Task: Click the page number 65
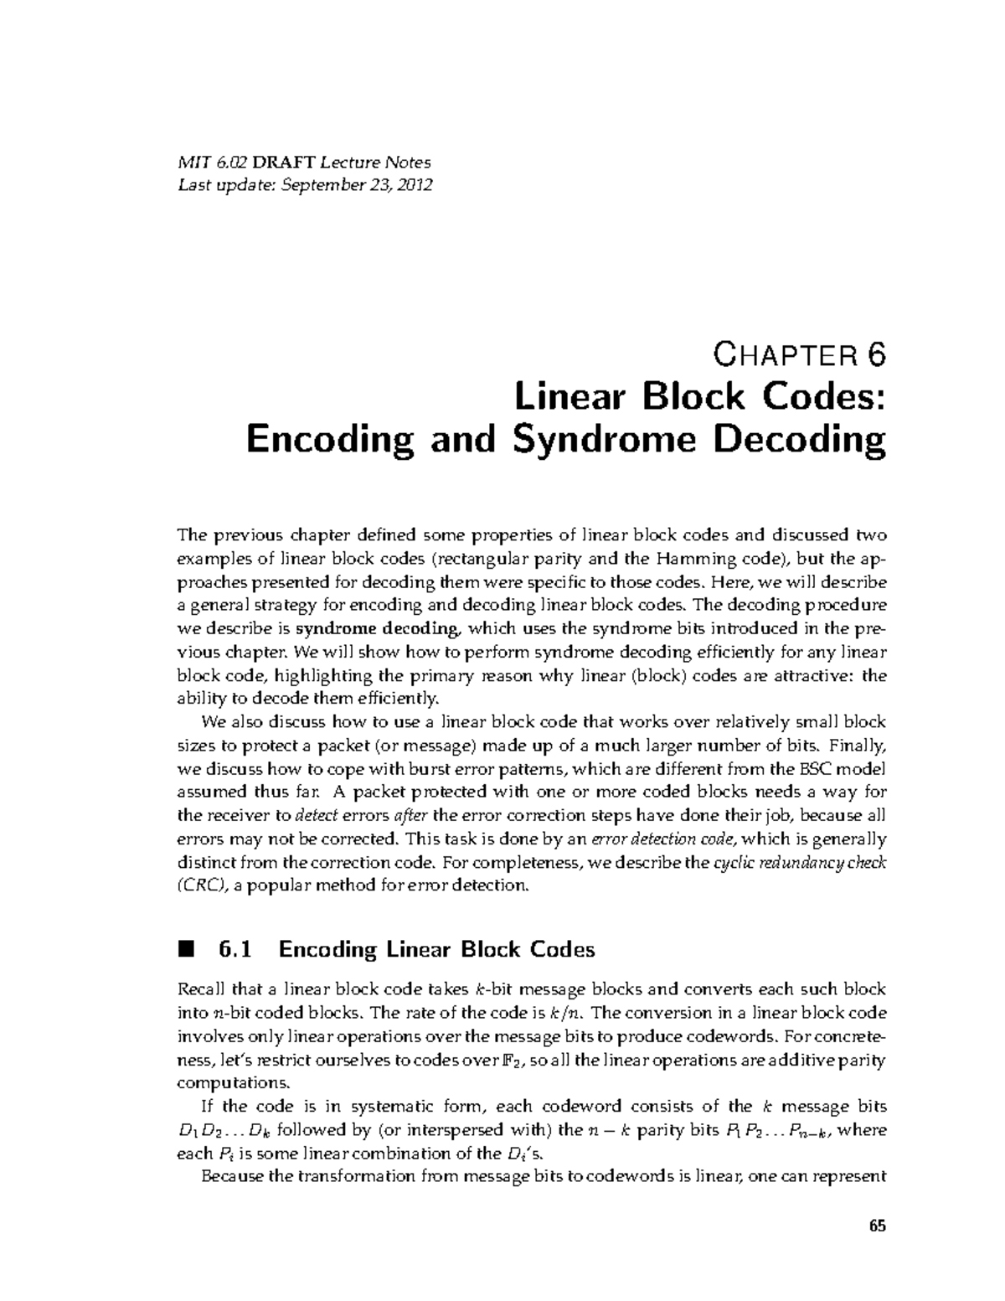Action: pyautogui.click(x=877, y=1226)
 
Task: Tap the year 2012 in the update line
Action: pyautogui.click(x=415, y=185)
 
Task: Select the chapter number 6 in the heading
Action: pyautogui.click(x=874, y=356)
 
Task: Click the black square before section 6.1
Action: pyautogui.click(x=186, y=948)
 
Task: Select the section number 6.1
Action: pyautogui.click(x=234, y=949)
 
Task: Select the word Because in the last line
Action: pyautogui.click(x=231, y=1176)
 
